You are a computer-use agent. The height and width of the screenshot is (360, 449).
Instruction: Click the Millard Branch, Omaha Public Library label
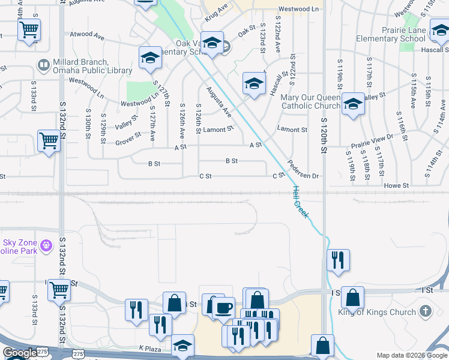(x=83, y=66)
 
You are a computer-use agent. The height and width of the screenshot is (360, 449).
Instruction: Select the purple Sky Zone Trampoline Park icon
(x=46, y=244)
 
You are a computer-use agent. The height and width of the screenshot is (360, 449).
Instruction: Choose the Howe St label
(x=397, y=186)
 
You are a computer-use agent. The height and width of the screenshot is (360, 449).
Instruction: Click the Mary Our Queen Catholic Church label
(x=307, y=101)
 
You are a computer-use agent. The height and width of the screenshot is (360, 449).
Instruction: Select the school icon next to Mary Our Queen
(x=353, y=104)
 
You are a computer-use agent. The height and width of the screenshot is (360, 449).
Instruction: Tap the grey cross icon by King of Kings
(x=426, y=311)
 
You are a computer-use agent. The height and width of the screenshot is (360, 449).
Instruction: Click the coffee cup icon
(x=223, y=308)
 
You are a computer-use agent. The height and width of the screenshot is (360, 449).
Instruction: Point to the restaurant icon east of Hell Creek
(x=338, y=260)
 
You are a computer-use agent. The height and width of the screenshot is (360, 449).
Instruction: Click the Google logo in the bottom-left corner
(x=19, y=353)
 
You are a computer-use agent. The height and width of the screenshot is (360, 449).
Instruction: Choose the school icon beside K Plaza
(x=182, y=346)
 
